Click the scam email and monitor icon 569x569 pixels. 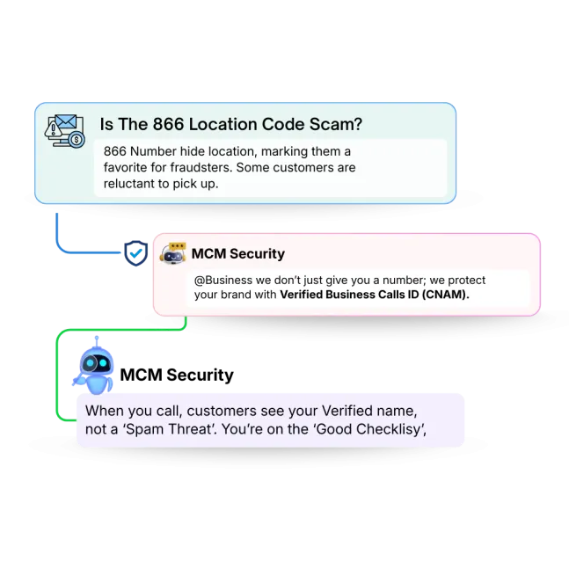(x=64, y=131)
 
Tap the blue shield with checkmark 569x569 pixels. (x=135, y=253)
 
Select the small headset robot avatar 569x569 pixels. (x=172, y=253)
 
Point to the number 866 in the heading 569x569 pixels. (x=168, y=124)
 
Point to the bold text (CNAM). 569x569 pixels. (x=445, y=295)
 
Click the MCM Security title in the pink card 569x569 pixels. (x=238, y=253)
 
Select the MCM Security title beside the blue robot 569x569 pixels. (x=177, y=375)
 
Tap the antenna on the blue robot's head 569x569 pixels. (x=97, y=341)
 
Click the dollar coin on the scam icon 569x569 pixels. (x=77, y=139)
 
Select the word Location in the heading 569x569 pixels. (x=223, y=124)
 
